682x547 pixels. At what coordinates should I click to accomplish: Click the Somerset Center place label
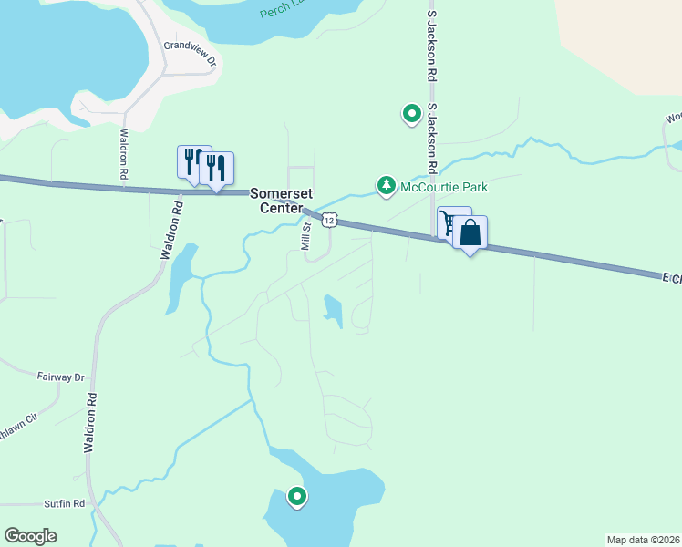coord(281,201)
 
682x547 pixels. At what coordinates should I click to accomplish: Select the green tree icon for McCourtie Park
coord(387,187)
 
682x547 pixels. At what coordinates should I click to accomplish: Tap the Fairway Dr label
coord(60,377)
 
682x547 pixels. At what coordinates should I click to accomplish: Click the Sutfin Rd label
coord(64,503)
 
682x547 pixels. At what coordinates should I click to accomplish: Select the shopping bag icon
coord(470,233)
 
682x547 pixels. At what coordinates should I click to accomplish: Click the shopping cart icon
coord(449,222)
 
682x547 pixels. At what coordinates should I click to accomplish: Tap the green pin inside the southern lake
coord(297,497)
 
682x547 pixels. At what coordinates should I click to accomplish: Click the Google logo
coord(31,536)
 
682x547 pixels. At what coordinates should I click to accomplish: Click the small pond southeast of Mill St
coord(333,310)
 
